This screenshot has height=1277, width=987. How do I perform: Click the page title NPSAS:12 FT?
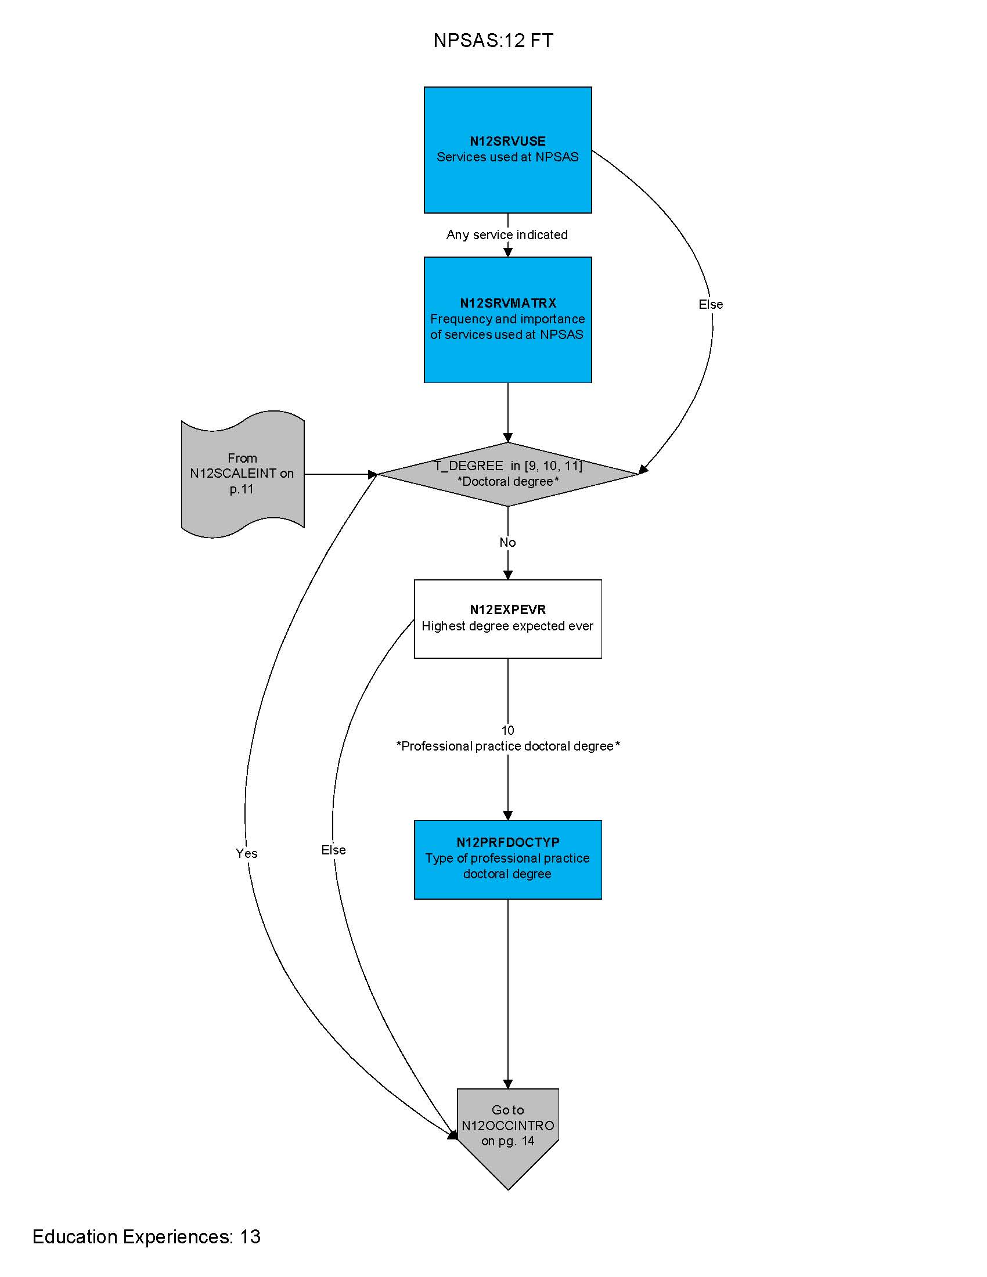pyautogui.click(x=493, y=41)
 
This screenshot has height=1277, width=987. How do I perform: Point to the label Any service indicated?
pyautogui.click(x=507, y=235)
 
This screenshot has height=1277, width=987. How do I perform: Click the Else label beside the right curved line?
pyautogui.click(x=711, y=304)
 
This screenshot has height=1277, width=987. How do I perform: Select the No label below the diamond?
pyautogui.click(x=507, y=542)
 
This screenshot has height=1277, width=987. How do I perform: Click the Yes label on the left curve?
pyautogui.click(x=246, y=853)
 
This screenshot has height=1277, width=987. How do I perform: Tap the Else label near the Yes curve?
pyautogui.click(x=333, y=850)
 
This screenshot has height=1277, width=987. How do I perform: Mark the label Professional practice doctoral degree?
pyautogui.click(x=507, y=746)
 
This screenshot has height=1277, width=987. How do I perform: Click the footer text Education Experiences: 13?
pyautogui.click(x=146, y=1236)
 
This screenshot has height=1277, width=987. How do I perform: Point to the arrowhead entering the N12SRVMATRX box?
pyautogui.click(x=507, y=252)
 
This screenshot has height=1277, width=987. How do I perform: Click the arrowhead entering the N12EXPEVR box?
pyautogui.click(x=507, y=575)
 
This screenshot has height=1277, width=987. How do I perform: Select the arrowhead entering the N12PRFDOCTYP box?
pyautogui.click(x=507, y=815)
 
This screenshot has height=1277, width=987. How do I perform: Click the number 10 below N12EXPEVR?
pyautogui.click(x=507, y=730)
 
